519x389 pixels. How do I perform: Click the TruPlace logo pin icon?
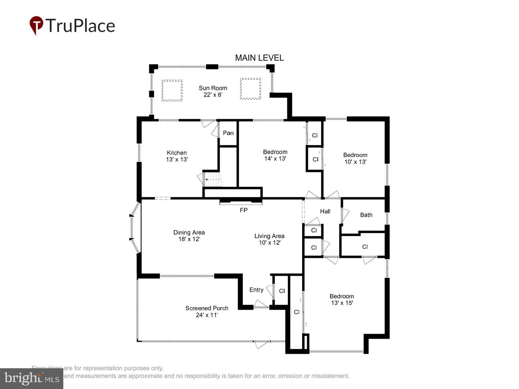point(36,25)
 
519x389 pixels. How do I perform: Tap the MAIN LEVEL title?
point(259,58)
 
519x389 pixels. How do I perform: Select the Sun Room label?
point(213,91)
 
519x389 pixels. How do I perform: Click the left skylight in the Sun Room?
point(172,90)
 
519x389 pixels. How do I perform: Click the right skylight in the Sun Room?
point(251,89)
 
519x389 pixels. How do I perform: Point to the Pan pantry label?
point(228,133)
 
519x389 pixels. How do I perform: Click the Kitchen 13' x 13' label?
point(177,156)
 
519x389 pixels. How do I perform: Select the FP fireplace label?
point(244,210)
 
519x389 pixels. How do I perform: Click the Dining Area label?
point(189,236)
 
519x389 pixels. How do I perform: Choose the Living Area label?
point(269,239)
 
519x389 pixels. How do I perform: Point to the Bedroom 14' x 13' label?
point(275,155)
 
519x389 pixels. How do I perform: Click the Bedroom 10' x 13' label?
point(355,158)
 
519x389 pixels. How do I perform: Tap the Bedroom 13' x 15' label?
point(342,299)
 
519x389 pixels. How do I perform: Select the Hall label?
point(325,211)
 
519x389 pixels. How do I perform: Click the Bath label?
point(366,215)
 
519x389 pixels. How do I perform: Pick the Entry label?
point(256,290)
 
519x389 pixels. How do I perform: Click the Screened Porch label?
point(207,311)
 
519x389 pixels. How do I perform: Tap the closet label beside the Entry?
point(282,291)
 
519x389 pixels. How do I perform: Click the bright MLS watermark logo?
point(31,379)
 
